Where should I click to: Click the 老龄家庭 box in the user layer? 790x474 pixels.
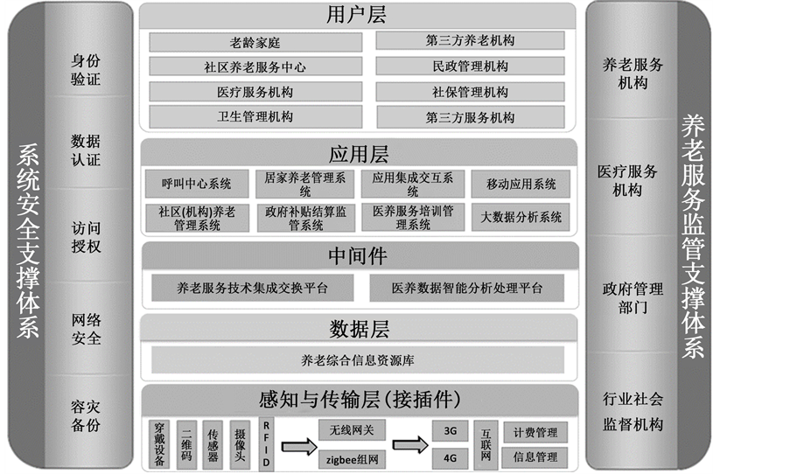[x=255, y=41]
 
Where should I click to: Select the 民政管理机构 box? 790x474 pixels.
[x=470, y=66]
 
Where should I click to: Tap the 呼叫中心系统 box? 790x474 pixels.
[x=197, y=184]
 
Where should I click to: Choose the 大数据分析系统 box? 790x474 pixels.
[x=521, y=217]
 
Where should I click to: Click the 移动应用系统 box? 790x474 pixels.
[x=521, y=184]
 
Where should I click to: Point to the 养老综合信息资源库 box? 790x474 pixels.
[x=358, y=359]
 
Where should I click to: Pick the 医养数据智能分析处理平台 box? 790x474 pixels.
[x=467, y=287]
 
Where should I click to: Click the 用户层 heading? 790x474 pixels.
[x=357, y=15]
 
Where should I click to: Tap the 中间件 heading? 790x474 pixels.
[x=358, y=255]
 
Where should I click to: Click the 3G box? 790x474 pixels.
[x=450, y=431]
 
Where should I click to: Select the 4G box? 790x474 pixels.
[x=450, y=456]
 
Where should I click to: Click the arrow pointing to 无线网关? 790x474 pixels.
[x=298, y=446]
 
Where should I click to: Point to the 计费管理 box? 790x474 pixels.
[x=535, y=432]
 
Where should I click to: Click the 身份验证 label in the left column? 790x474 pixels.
[x=86, y=70]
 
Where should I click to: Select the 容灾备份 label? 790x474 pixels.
[x=86, y=415]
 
